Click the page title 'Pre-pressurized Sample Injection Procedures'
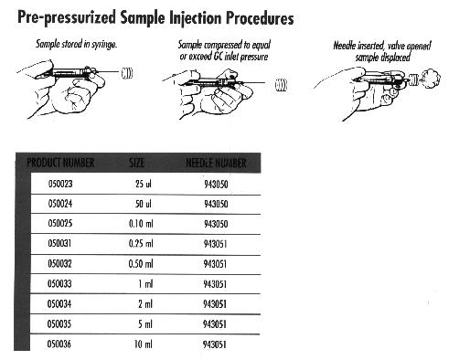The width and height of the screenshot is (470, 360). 155,17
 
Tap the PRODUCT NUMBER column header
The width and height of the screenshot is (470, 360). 60,163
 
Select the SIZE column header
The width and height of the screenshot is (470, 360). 137,163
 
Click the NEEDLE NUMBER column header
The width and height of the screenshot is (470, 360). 216,164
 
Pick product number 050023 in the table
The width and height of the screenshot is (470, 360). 60,184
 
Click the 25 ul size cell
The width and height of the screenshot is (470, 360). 144,184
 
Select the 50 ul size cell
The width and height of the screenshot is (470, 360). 144,204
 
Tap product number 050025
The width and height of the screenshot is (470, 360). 60,223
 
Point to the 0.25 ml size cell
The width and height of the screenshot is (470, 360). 141,244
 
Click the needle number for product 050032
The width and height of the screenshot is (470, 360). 215,264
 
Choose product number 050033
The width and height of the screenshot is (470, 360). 59,284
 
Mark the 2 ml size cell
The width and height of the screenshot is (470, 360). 145,303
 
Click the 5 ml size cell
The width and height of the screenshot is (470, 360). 145,323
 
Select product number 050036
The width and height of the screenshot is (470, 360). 59,344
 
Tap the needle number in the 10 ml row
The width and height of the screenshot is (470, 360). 215,344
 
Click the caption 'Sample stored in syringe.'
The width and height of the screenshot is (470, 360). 77,45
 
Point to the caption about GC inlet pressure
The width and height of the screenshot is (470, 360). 224,51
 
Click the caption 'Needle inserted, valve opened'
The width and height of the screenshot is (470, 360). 382,47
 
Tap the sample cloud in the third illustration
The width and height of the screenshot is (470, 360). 430,79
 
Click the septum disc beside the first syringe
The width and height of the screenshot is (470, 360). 127,73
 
